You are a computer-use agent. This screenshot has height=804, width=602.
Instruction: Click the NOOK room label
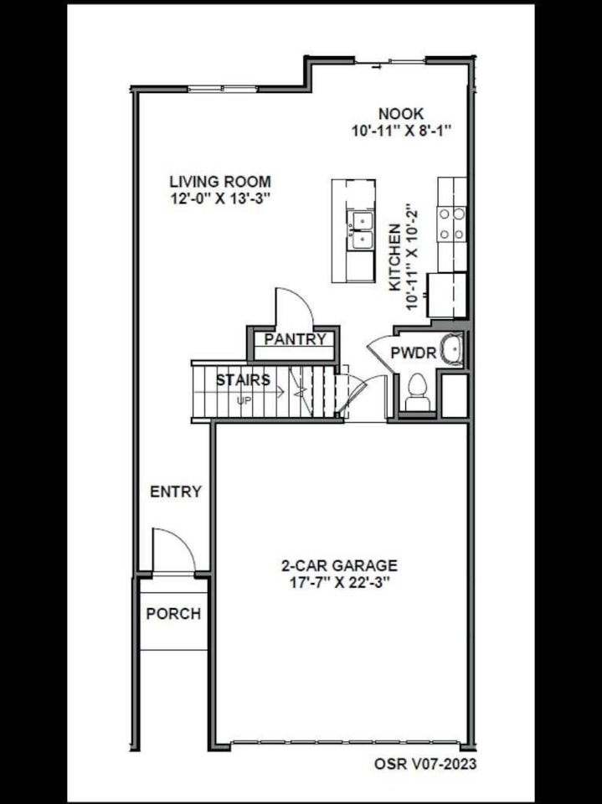(x=401, y=113)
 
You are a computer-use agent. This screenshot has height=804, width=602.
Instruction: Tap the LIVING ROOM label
(x=220, y=182)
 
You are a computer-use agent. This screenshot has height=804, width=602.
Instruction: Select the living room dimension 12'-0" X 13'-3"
(x=220, y=198)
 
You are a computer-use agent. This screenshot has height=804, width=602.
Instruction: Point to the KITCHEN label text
(x=395, y=257)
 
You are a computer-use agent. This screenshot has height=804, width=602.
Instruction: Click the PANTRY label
(x=296, y=339)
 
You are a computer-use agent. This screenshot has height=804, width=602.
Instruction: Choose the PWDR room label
(x=414, y=353)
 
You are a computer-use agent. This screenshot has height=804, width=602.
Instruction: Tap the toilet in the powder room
(x=418, y=392)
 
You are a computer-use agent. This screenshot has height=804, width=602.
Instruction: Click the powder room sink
(x=452, y=350)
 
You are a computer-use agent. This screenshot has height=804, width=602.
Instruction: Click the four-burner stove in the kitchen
(x=452, y=224)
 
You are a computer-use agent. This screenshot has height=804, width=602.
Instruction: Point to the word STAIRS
(x=243, y=380)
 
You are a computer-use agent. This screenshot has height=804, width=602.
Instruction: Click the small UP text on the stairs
(x=244, y=400)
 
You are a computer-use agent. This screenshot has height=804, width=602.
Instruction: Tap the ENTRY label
(x=176, y=492)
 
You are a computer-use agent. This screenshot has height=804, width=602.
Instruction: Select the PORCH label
(x=173, y=614)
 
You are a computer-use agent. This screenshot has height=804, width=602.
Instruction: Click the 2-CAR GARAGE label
(x=339, y=565)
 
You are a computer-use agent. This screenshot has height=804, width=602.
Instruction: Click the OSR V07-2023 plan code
(x=425, y=764)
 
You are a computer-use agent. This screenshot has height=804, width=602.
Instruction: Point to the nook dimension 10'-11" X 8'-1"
(x=401, y=131)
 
